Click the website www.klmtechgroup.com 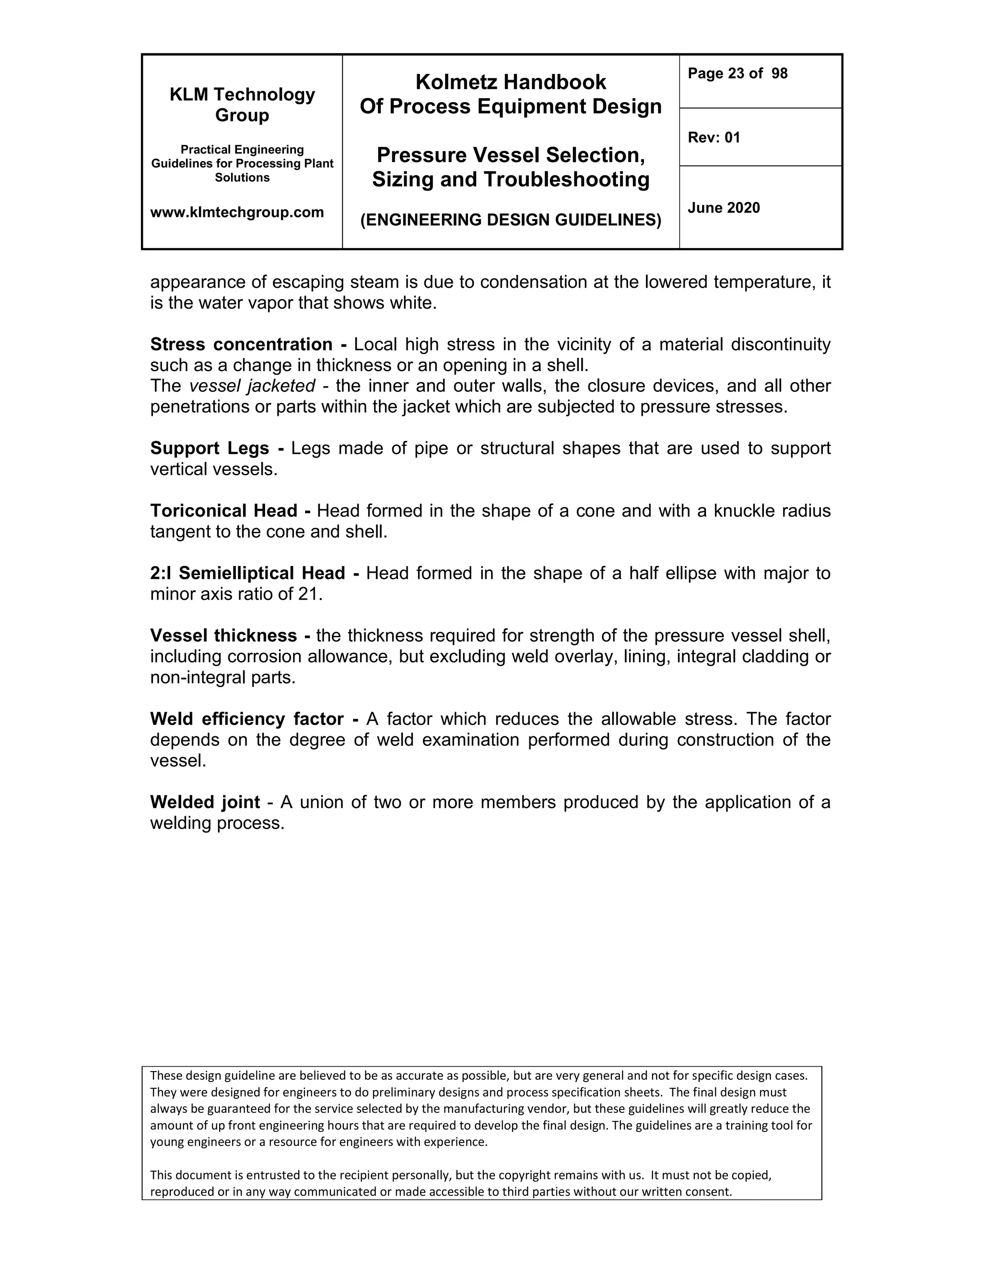click(x=237, y=212)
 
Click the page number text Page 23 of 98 click(x=737, y=73)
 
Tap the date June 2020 click(x=723, y=208)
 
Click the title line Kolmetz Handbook click(x=510, y=82)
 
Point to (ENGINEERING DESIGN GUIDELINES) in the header click(x=510, y=220)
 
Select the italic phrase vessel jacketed click(x=252, y=386)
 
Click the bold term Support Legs click(x=210, y=448)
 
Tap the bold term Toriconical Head click(x=223, y=511)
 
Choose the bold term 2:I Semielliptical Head click(x=247, y=573)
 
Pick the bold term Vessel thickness click(x=223, y=635)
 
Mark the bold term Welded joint click(x=205, y=802)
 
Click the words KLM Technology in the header click(x=242, y=94)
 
